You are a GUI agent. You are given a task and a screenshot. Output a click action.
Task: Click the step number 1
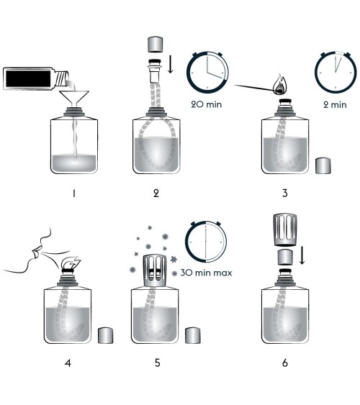[x=74, y=194]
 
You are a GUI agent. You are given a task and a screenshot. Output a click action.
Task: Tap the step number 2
[x=156, y=194]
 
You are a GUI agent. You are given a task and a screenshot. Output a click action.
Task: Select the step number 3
[x=285, y=194]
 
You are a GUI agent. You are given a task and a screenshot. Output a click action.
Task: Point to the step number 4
[x=68, y=363]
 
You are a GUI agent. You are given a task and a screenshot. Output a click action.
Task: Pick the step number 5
[x=158, y=363]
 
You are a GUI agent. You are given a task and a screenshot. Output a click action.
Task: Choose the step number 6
[x=285, y=363]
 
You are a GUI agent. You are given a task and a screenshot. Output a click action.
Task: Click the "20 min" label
[x=207, y=104]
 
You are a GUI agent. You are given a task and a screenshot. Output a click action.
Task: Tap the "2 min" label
[x=335, y=104]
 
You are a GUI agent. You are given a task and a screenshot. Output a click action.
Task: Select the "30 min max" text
[x=206, y=273]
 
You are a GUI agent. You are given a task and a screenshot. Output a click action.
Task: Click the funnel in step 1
[x=74, y=97]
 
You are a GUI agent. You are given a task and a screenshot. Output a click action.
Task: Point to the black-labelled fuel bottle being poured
[x=36, y=78]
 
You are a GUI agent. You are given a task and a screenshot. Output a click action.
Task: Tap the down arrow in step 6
[x=302, y=255]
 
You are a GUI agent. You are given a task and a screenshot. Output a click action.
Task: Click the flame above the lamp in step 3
[x=280, y=85]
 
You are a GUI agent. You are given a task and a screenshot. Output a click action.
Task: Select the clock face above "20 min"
[x=207, y=73]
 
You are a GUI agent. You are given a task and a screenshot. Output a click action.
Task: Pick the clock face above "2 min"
[x=336, y=73]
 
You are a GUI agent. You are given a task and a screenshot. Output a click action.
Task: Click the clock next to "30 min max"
[x=206, y=242]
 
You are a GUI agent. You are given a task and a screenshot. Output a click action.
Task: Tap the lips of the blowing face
[x=35, y=251]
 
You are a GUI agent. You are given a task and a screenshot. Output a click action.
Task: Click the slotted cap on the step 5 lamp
[x=155, y=270]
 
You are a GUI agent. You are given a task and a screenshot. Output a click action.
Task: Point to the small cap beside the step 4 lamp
[x=105, y=335]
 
